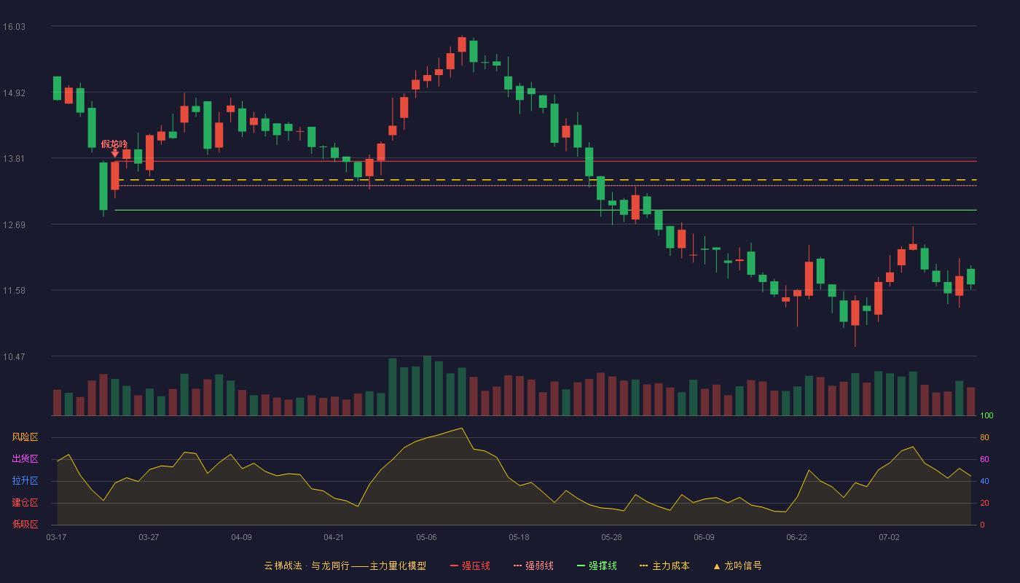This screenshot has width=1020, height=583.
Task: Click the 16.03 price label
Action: point(14,27)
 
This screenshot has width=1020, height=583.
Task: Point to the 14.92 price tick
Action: point(14,93)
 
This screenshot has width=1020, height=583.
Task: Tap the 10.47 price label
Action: point(14,357)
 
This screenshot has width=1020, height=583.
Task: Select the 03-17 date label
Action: point(57,538)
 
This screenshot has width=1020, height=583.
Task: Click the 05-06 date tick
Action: point(426,538)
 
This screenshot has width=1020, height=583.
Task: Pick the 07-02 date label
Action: point(890,538)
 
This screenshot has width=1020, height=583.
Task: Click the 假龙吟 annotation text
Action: point(114,144)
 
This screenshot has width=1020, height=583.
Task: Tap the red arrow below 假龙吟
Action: point(115,154)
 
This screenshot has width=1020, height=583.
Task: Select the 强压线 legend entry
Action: point(470,566)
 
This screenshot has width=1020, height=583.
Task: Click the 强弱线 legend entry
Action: point(533,566)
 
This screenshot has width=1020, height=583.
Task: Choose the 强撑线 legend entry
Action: point(597,566)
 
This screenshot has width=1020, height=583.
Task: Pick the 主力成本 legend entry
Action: point(664,566)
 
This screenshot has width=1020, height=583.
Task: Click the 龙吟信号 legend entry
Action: point(737,566)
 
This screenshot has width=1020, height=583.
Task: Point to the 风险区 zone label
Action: point(25,437)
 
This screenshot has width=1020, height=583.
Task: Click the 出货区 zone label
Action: point(25,458)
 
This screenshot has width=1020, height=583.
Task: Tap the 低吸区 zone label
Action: point(25,525)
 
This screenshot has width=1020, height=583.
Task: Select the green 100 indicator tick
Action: point(986,415)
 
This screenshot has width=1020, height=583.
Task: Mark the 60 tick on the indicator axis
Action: point(984,459)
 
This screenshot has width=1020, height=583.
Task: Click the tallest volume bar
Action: point(427,386)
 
